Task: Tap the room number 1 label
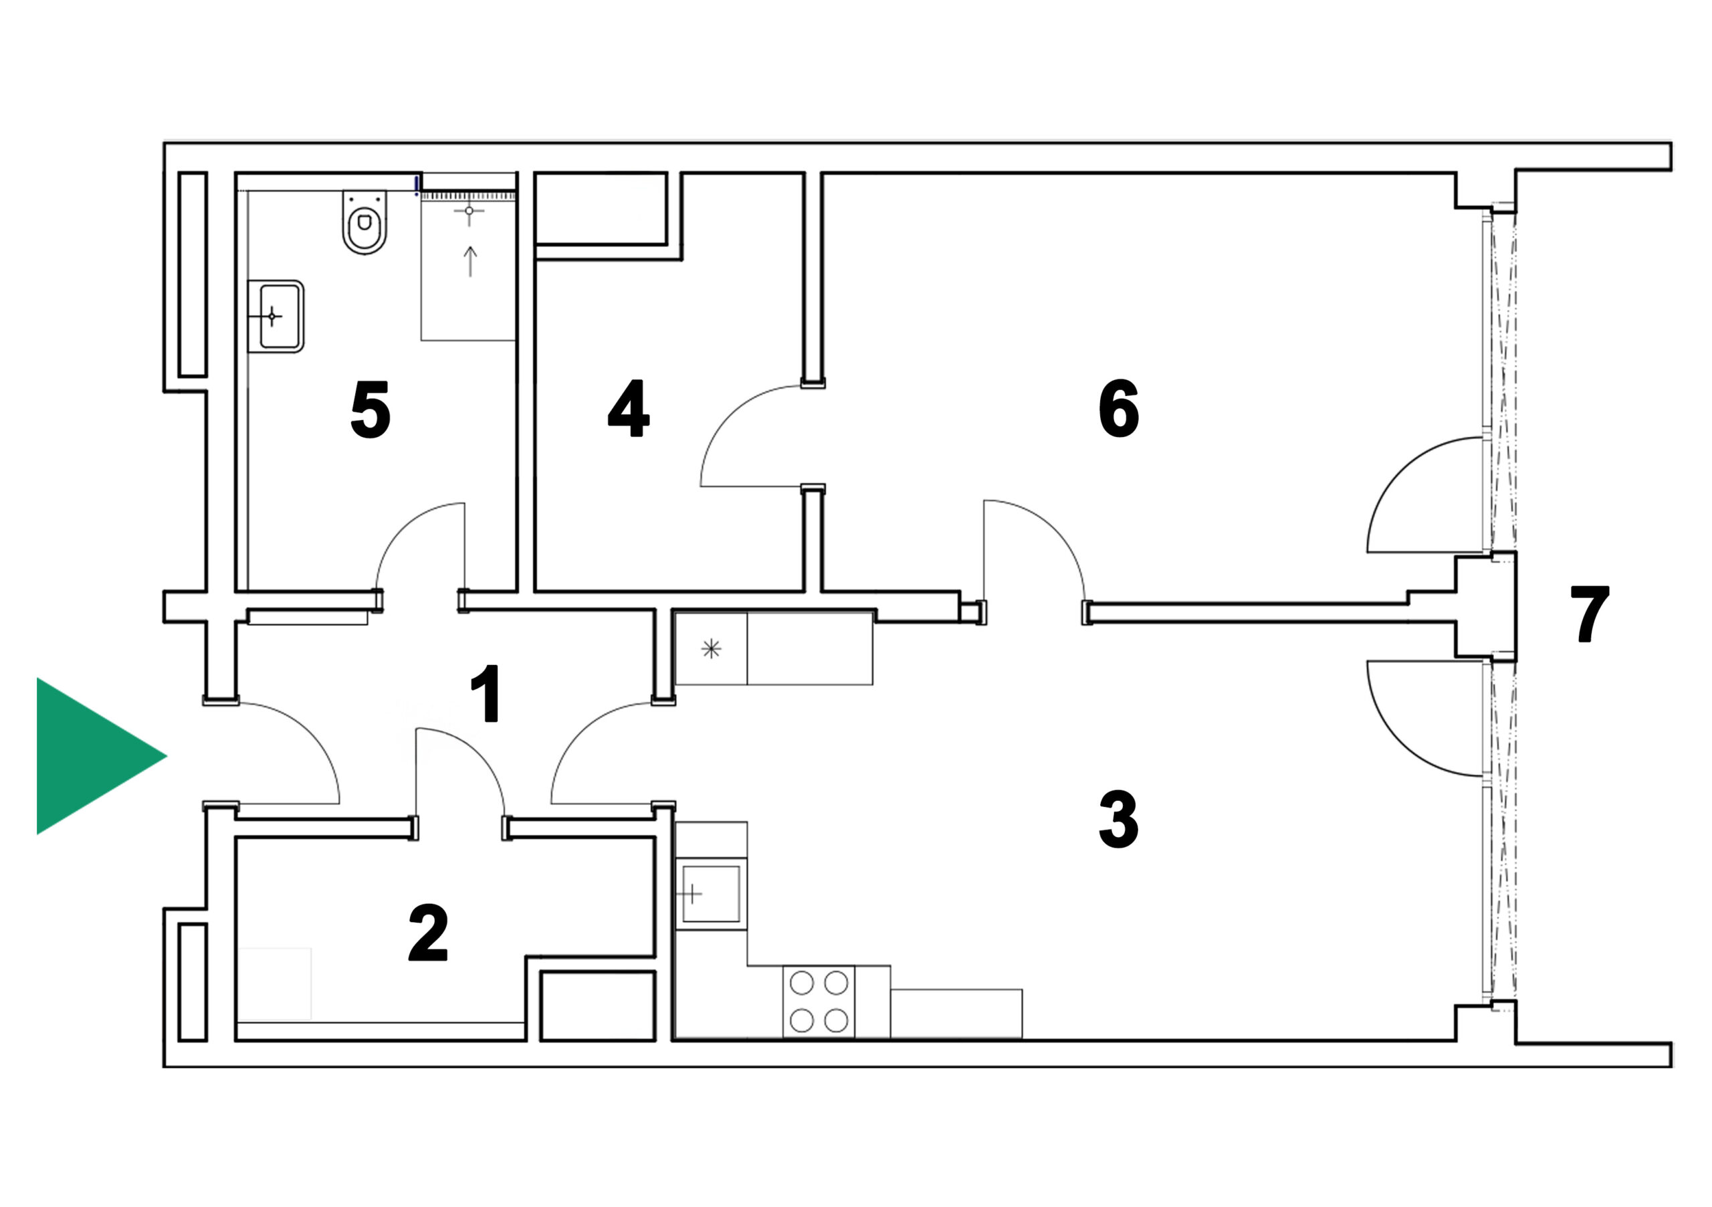(x=486, y=694)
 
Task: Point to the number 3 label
(x=1118, y=820)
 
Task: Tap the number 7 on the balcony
(x=1590, y=613)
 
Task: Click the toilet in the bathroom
(x=364, y=222)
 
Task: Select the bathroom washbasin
(x=275, y=316)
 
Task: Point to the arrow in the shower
(x=469, y=261)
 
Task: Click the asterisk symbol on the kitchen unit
(x=712, y=648)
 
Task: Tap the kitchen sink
(x=712, y=894)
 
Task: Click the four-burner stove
(x=819, y=1001)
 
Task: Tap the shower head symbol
(x=469, y=212)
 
